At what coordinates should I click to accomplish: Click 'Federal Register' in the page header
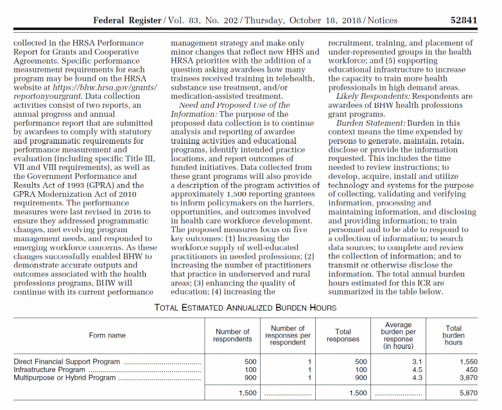pyautogui.click(x=127, y=20)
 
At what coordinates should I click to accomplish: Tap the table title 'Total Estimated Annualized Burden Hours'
pyautogui.click(x=245, y=307)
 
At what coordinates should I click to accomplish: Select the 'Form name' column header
pyautogui.click(x=107, y=336)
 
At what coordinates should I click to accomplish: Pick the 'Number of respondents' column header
pyautogui.click(x=233, y=336)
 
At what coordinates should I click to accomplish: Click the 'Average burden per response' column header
pyautogui.click(x=399, y=336)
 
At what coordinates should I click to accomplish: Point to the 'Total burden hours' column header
pyautogui.click(x=454, y=336)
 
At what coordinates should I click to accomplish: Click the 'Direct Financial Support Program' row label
pyautogui.click(x=67, y=362)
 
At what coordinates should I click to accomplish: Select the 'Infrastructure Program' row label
pyautogui.click(x=49, y=370)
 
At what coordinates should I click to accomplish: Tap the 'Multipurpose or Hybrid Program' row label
pyautogui.click(x=65, y=378)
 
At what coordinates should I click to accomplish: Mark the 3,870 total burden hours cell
pyautogui.click(x=469, y=378)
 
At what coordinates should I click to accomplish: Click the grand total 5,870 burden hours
pyautogui.click(x=469, y=392)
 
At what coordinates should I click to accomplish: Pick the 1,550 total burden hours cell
pyautogui.click(x=469, y=362)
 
